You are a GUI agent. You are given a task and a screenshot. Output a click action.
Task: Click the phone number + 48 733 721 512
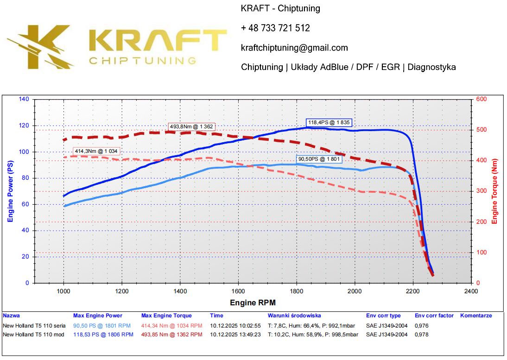pyautogui.click(x=275, y=28)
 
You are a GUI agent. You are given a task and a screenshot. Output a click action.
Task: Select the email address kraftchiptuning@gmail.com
pyautogui.click(x=294, y=48)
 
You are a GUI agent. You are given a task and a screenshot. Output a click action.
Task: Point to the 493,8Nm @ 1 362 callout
pyautogui.click(x=191, y=126)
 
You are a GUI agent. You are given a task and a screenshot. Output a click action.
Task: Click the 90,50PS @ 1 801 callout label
pyautogui.click(x=319, y=159)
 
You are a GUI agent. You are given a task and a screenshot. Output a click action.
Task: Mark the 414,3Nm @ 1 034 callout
pyautogui.click(x=96, y=151)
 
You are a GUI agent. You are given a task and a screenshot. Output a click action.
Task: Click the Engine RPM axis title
pyautogui.click(x=253, y=303)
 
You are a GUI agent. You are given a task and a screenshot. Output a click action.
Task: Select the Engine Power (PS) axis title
pyautogui.click(x=10, y=190)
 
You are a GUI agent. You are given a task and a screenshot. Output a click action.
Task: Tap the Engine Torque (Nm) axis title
pyautogui.click(x=494, y=190)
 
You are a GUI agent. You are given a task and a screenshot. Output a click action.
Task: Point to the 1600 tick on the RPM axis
pyautogui.click(x=238, y=291)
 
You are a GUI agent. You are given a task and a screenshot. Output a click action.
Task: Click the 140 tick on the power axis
pyautogui.click(x=24, y=99)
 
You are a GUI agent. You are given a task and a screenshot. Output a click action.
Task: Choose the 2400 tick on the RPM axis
pyautogui.click(x=471, y=291)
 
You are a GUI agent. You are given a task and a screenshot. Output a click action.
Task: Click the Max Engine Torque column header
pyautogui.click(x=166, y=316)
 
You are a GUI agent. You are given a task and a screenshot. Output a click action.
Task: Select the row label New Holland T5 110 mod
pyautogui.click(x=33, y=335)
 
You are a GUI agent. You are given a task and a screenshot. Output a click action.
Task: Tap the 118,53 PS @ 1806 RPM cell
pyautogui.click(x=102, y=335)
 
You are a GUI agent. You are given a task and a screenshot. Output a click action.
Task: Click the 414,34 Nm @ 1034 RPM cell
pyautogui.click(x=171, y=325)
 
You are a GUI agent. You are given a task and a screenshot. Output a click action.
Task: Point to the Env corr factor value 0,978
pyautogui.click(x=422, y=335)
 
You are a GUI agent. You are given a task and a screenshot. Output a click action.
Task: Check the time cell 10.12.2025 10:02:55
pyautogui.click(x=235, y=325)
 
